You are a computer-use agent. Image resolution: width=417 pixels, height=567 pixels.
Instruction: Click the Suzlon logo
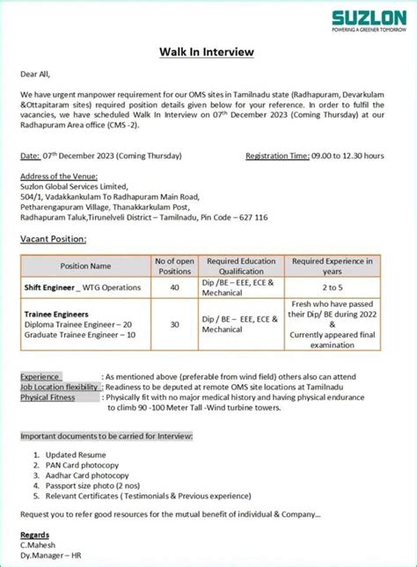[362, 18]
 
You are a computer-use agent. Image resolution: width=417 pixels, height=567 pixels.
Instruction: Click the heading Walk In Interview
[206, 52]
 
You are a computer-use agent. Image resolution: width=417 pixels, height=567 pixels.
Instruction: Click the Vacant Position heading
[53, 238]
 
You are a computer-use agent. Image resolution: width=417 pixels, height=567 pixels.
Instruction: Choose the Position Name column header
[85, 265]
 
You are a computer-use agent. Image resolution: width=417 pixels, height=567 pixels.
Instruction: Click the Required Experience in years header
[332, 265]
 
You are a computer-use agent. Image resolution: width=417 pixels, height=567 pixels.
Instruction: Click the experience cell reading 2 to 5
[332, 287]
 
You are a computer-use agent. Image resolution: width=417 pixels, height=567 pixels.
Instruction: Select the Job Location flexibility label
[60, 387]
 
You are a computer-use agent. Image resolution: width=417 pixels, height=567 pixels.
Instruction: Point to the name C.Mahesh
[39, 544]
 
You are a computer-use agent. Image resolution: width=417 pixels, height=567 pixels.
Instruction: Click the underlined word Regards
[37, 534]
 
